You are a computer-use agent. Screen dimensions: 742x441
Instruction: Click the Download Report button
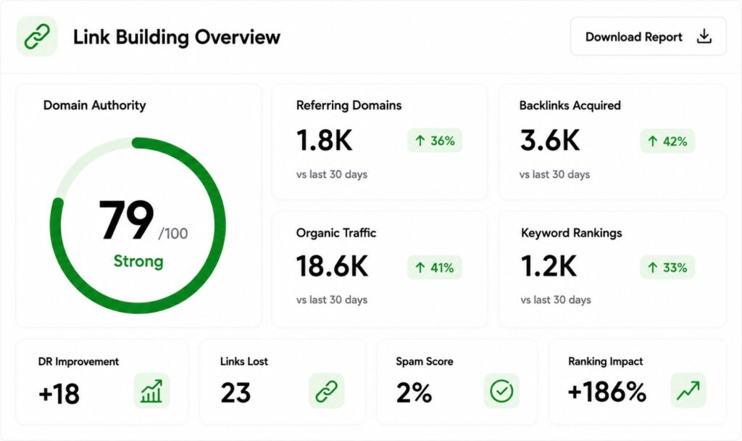tap(648, 36)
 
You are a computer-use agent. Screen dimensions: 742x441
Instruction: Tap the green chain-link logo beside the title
tap(37, 36)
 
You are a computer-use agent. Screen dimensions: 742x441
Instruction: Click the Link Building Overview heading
tap(177, 37)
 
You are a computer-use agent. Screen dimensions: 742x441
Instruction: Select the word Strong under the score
tap(138, 261)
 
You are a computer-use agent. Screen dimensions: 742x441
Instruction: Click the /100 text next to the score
tap(173, 233)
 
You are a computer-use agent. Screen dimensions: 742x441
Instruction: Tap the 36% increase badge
tap(435, 141)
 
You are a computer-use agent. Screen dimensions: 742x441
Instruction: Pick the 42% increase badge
tap(667, 141)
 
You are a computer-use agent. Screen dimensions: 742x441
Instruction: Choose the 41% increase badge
tap(435, 268)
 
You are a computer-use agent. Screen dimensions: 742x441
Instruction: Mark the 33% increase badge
tap(667, 268)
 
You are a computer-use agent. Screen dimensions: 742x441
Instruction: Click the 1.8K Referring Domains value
tap(324, 141)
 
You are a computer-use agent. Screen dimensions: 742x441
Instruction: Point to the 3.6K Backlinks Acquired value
tap(550, 141)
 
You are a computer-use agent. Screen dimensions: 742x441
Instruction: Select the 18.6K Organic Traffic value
tap(332, 266)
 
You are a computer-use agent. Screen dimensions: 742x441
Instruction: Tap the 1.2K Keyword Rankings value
tap(549, 266)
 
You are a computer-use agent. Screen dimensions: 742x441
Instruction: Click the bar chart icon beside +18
tap(151, 391)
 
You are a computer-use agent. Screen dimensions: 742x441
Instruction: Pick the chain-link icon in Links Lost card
tap(327, 391)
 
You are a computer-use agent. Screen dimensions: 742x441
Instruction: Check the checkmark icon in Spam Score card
tap(501, 391)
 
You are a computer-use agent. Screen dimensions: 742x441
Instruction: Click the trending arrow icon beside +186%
tap(688, 391)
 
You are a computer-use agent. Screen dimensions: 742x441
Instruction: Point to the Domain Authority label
tap(95, 105)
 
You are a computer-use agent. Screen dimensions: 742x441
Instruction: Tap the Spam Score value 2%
tap(414, 392)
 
